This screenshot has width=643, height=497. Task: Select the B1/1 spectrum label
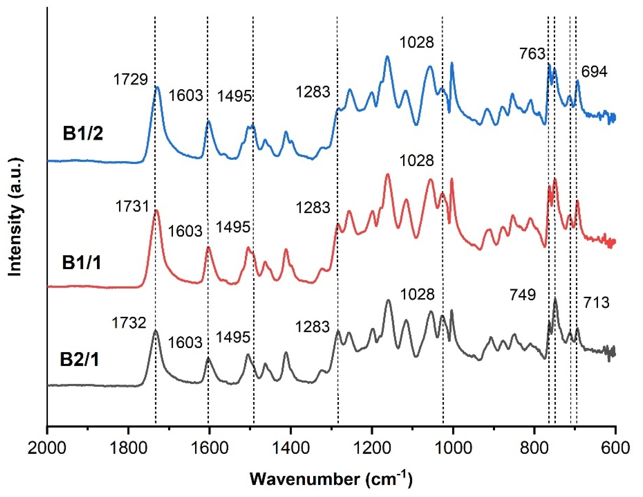click(x=82, y=262)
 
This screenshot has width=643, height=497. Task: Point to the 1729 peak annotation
click(x=130, y=79)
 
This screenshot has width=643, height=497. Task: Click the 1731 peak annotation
click(x=132, y=206)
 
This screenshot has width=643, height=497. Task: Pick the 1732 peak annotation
click(x=129, y=323)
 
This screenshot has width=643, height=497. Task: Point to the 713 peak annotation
click(x=596, y=303)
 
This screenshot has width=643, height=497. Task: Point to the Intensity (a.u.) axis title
click(x=15, y=217)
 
